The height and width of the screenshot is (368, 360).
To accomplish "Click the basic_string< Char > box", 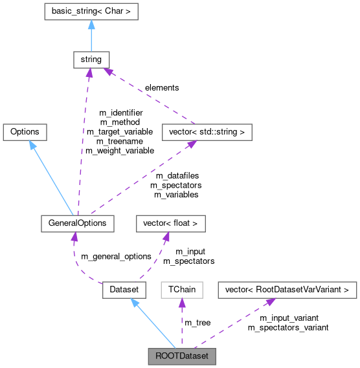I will [91, 11].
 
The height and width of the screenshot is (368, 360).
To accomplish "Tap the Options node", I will [25, 131].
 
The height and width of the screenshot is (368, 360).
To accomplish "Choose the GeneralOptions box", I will [77, 223].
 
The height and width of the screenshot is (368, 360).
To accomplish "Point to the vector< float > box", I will [170, 223].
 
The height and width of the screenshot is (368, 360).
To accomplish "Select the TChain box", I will [182, 290].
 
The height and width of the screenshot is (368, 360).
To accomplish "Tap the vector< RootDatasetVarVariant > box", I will [287, 290].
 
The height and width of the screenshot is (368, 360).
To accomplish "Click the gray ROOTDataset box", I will [181, 356].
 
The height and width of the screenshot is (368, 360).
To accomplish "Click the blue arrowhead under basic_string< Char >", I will [91, 25].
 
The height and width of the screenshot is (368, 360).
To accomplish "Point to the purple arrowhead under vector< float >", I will [166, 237].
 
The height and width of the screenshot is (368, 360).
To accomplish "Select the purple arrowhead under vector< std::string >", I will [192, 144].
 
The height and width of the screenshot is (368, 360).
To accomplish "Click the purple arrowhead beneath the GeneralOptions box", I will [74, 237].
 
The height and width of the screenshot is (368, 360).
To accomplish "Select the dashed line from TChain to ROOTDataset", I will [182, 327].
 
